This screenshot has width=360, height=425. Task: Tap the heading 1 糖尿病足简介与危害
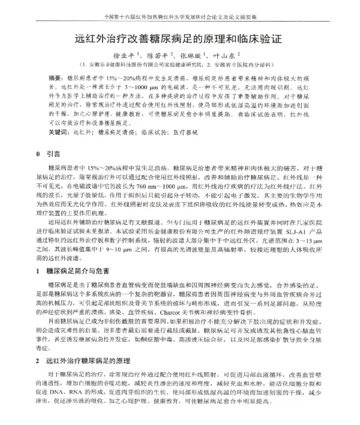(71, 272)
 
